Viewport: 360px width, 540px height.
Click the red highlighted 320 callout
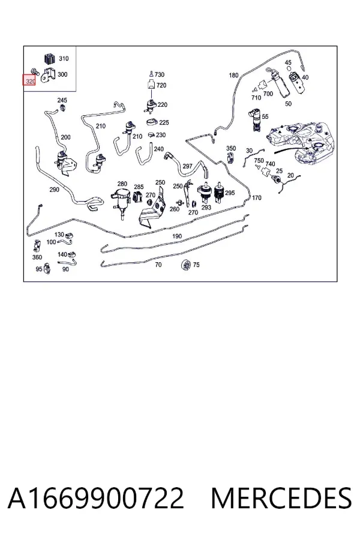29,81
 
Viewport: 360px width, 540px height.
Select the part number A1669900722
96,498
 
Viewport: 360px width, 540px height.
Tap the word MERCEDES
281,498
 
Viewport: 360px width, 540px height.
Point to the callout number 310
64,59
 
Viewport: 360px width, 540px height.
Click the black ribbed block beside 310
50,59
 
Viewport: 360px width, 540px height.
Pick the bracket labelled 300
47,76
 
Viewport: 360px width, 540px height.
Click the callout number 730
160,74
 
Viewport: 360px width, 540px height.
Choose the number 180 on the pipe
233,75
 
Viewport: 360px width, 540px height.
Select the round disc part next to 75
186,265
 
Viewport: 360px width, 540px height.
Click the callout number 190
177,236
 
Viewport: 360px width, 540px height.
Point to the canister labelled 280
120,200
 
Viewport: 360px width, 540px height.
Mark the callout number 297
187,166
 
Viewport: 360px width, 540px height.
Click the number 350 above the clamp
231,148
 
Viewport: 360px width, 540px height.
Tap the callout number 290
54,190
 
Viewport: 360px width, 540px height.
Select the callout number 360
37,257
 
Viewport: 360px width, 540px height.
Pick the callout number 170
257,197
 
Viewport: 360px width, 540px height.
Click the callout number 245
62,100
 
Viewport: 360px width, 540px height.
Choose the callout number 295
230,193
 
